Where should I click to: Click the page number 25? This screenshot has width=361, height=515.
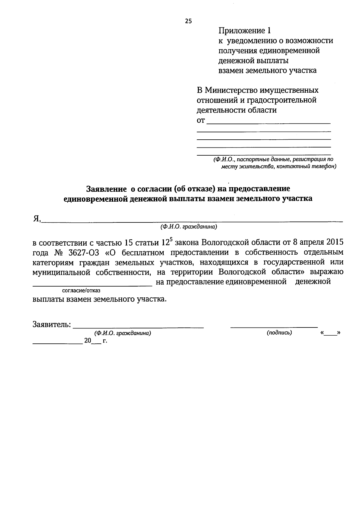(x=188, y=21)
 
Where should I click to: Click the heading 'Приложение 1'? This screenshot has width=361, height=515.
(x=245, y=31)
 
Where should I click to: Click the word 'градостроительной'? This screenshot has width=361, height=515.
(x=285, y=100)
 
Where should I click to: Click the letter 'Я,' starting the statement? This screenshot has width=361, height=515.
(x=36, y=219)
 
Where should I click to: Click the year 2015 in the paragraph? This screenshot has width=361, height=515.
(x=335, y=243)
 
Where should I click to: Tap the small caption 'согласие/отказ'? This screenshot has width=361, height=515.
(x=81, y=291)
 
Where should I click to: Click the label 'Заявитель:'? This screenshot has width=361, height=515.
(x=52, y=325)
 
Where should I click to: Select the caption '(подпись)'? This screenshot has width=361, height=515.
(x=279, y=333)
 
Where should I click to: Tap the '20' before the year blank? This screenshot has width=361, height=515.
(x=88, y=341)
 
